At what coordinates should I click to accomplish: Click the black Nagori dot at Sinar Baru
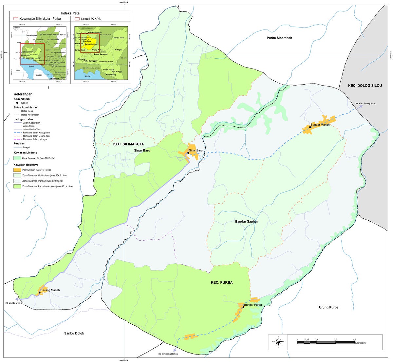[x=188, y=153]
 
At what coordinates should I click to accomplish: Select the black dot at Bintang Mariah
[x=40, y=292]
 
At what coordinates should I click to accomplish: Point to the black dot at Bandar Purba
[x=243, y=307]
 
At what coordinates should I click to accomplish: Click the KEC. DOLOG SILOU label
[x=365, y=86]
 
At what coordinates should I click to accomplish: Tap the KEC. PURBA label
[x=222, y=282]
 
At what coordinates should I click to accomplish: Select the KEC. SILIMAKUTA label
[x=128, y=144]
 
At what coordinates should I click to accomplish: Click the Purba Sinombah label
[x=279, y=38]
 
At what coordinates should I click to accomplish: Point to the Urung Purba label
[x=328, y=307]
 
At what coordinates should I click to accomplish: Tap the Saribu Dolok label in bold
[x=74, y=333]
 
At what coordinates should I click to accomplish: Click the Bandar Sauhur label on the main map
[x=247, y=222]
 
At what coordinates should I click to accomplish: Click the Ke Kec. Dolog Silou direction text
[x=365, y=104]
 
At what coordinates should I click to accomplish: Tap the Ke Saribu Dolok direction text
[x=13, y=303]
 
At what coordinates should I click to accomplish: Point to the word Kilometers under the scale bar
[x=360, y=343]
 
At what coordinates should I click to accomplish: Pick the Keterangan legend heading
[x=23, y=94]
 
